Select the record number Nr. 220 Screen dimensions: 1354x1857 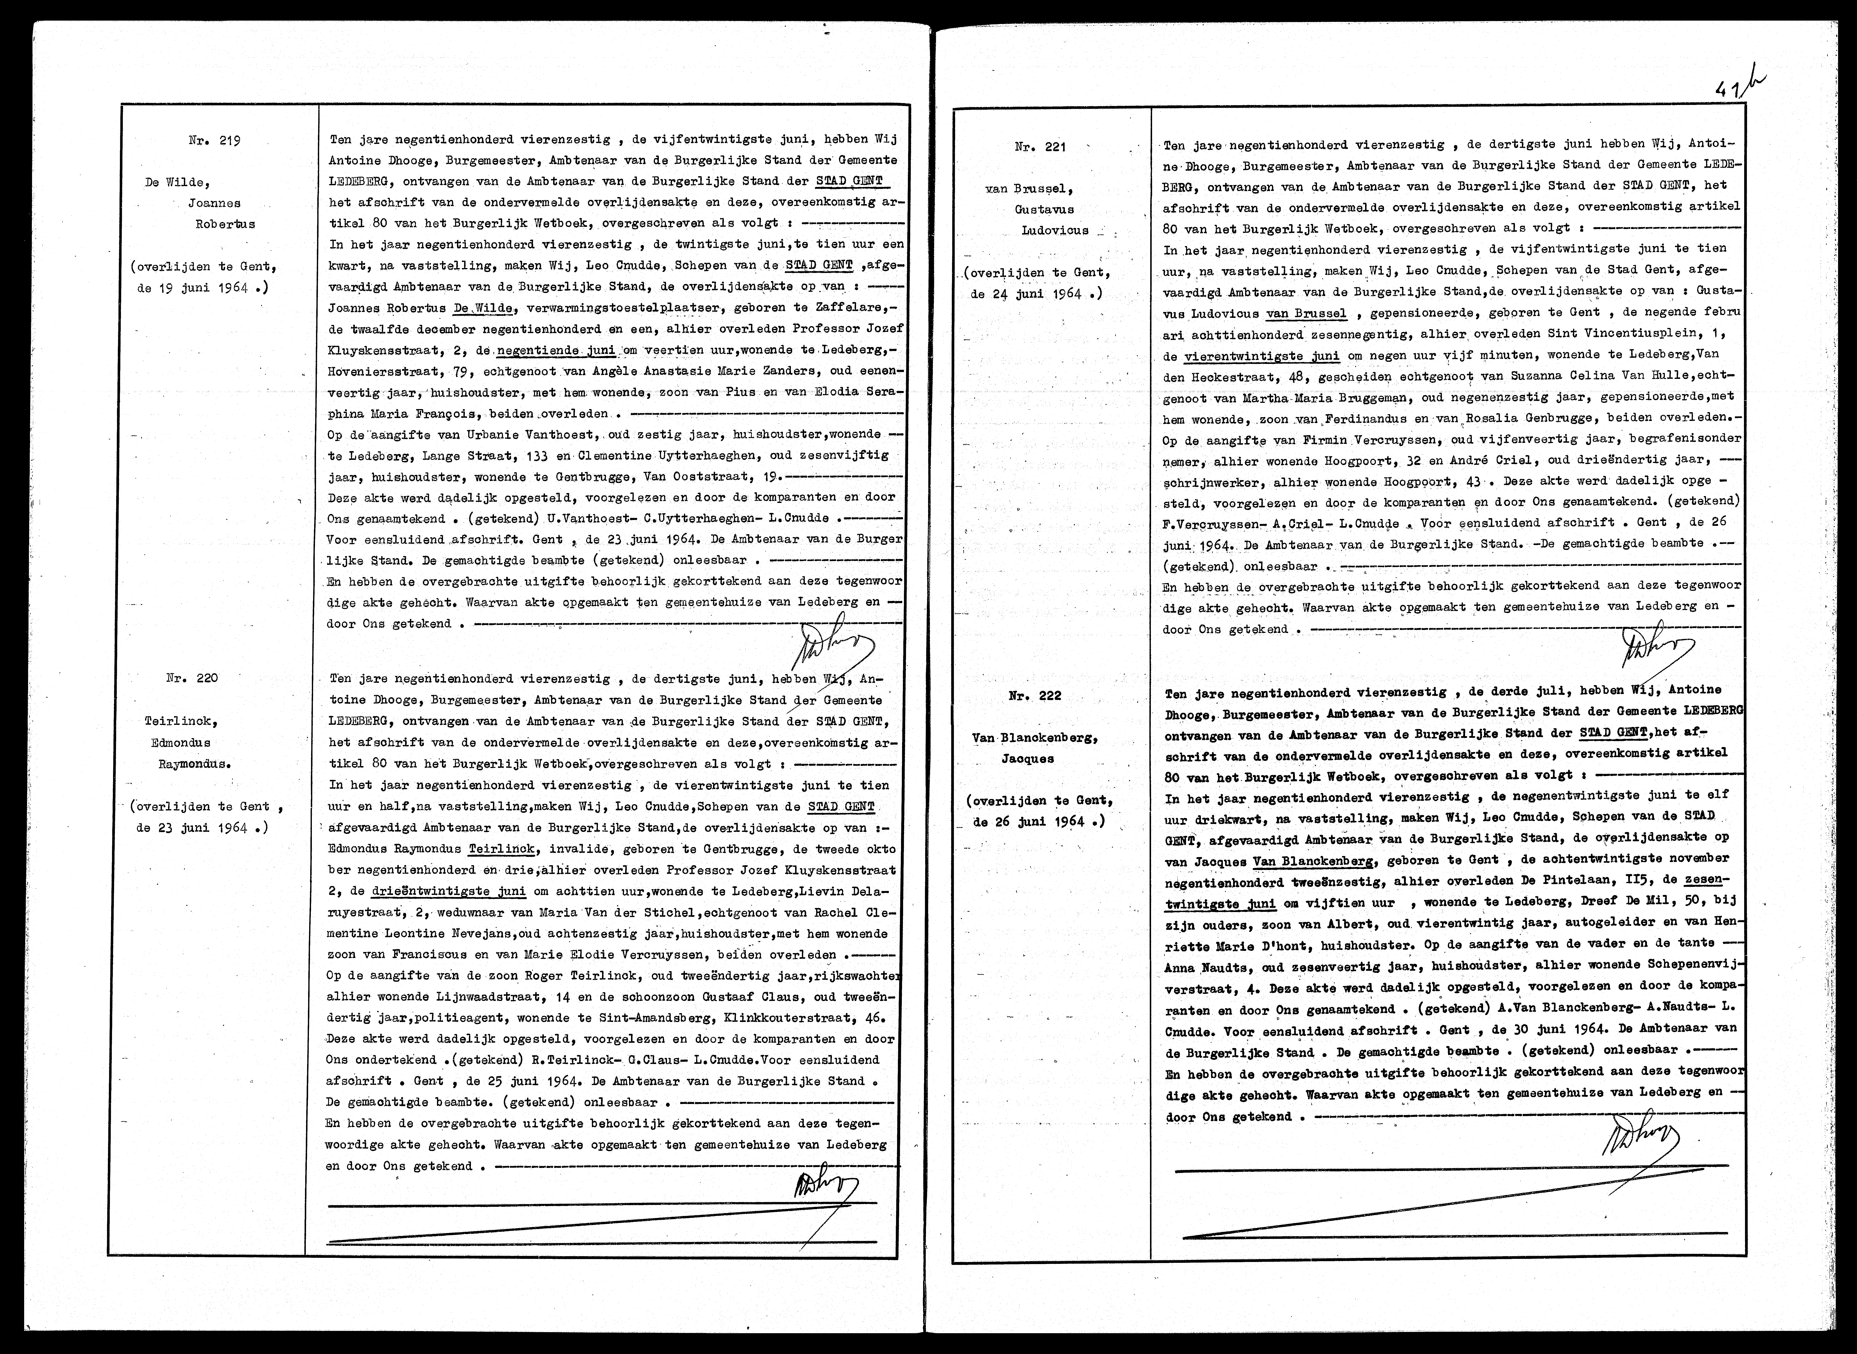(x=192, y=678)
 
